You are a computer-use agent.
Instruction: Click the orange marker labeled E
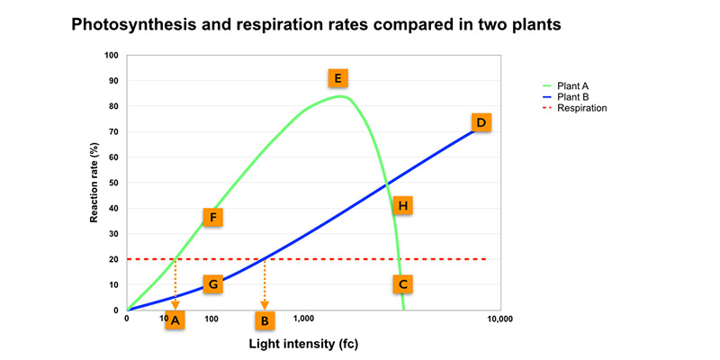[x=338, y=77]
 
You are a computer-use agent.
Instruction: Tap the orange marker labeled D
[x=481, y=122]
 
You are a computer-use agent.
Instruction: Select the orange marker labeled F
[x=212, y=217]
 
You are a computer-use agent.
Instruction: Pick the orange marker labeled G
[x=212, y=284]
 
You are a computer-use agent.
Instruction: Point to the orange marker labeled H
[x=402, y=206]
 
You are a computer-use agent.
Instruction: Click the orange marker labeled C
[x=403, y=284]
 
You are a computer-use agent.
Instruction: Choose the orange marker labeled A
[x=175, y=319]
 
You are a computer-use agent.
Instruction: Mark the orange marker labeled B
[x=265, y=319]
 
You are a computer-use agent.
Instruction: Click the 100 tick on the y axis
[x=112, y=56]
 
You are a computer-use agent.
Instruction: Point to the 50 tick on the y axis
[x=113, y=183]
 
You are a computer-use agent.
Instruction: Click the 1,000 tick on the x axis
[x=303, y=319]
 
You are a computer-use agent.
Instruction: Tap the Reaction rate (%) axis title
[x=94, y=183]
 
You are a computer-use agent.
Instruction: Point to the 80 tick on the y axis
[x=113, y=106]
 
